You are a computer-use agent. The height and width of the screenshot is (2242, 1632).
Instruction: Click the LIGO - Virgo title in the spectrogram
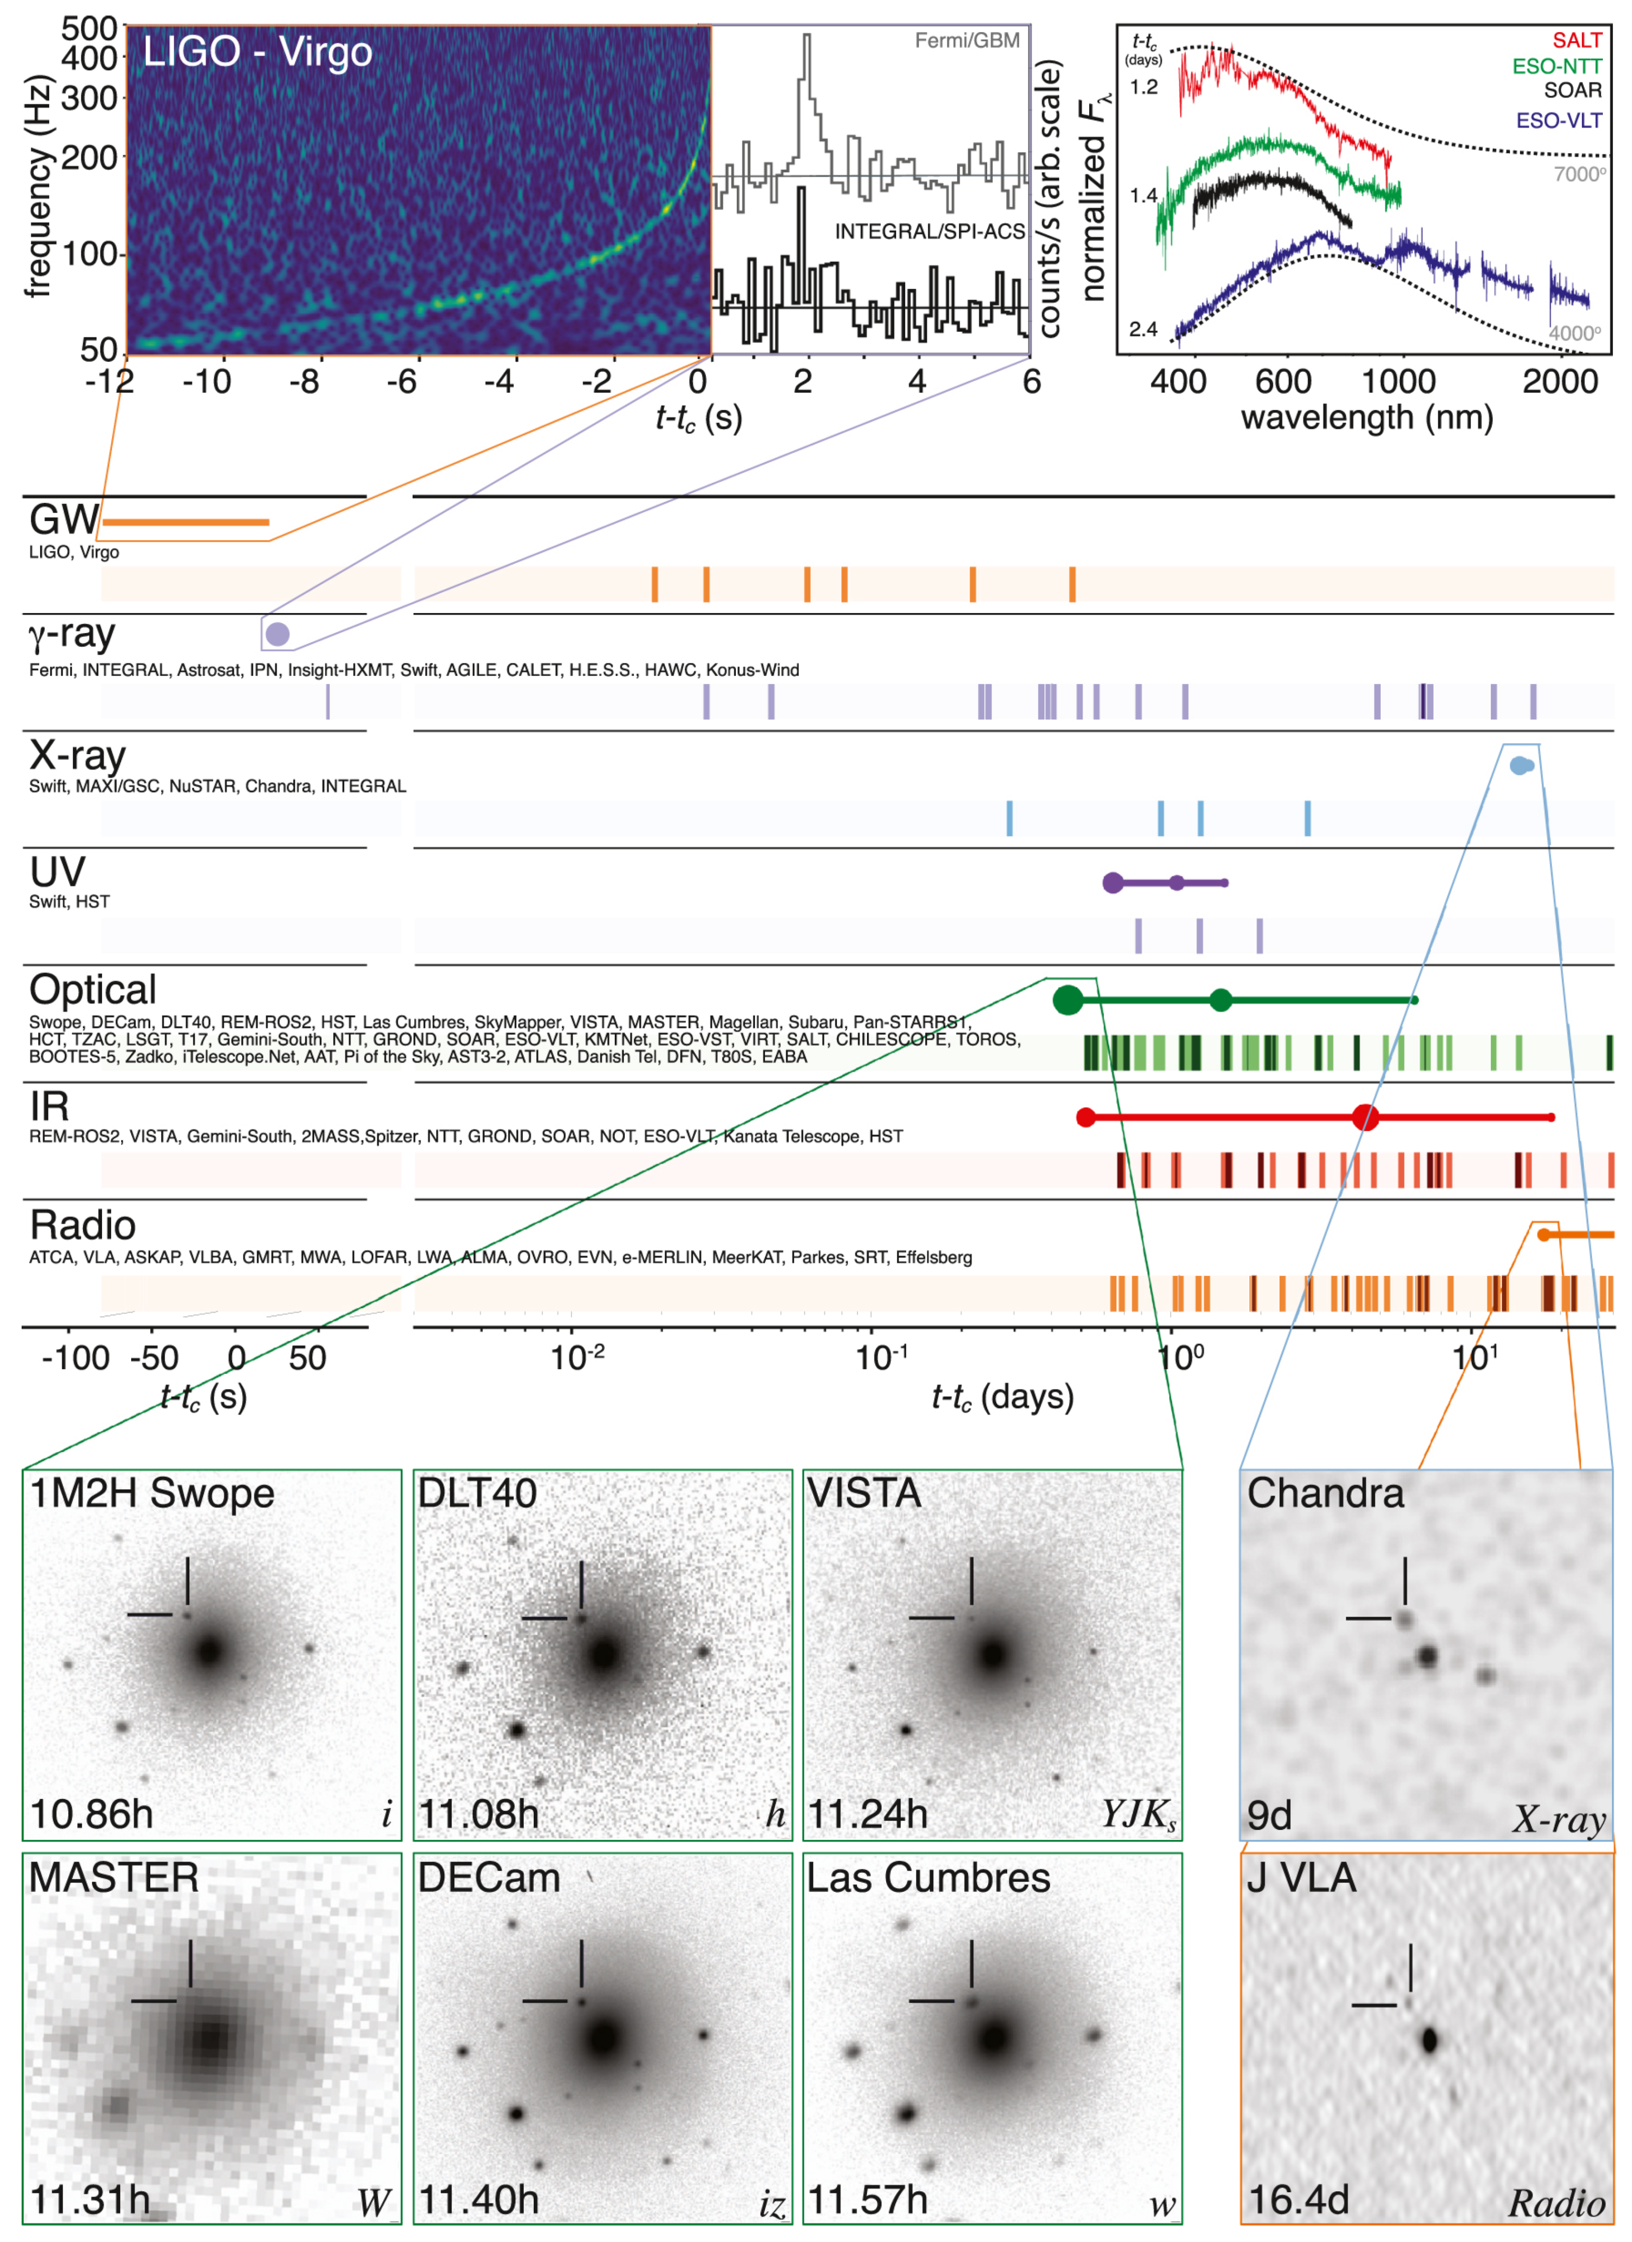pos(257,51)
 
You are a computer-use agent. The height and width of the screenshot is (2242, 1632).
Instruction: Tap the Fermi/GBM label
pos(966,41)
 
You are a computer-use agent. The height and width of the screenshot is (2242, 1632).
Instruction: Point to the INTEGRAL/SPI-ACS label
pos(929,231)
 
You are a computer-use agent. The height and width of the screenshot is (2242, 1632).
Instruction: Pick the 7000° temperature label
pos(1579,174)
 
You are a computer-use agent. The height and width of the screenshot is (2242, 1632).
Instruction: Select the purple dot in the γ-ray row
pos(278,634)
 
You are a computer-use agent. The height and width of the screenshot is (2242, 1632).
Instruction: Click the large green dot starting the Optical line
pos(1066,1000)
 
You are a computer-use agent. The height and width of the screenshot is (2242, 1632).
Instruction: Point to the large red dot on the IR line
pos(1364,1118)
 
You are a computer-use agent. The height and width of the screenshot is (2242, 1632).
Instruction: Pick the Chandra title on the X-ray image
pos(1325,1493)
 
